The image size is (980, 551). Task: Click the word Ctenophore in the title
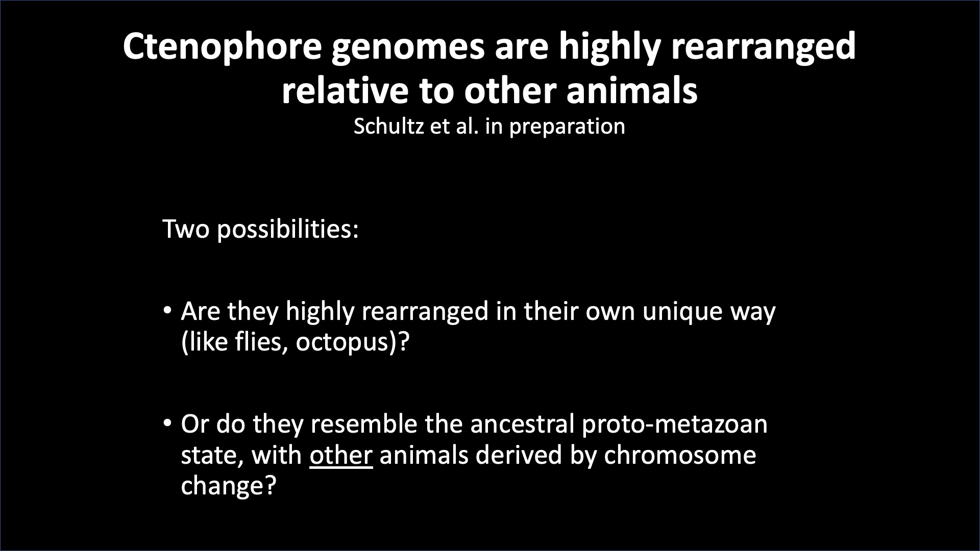click(x=223, y=46)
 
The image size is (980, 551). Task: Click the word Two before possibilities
click(x=186, y=229)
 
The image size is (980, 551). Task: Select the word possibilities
click(x=288, y=230)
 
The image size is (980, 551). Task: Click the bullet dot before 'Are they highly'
click(x=167, y=311)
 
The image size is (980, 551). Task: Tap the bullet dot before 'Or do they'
click(x=167, y=423)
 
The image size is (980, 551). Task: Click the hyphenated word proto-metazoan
click(x=675, y=424)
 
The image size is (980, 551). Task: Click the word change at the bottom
click(x=223, y=486)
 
